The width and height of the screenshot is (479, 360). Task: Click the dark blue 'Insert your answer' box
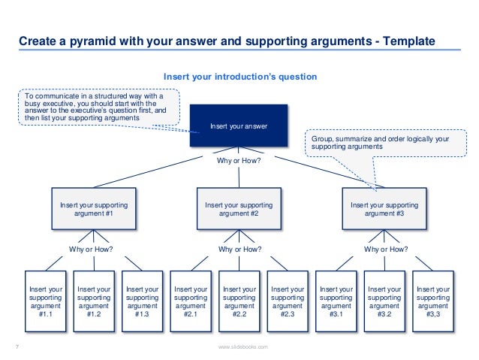pyautogui.click(x=239, y=126)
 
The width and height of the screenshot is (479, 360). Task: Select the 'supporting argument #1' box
pyautogui.click(x=94, y=208)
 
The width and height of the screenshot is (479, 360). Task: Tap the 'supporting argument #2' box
pyautogui.click(x=239, y=208)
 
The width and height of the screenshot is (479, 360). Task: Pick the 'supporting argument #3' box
pyautogui.click(x=384, y=208)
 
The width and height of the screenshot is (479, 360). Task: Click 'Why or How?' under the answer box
pyautogui.click(x=239, y=160)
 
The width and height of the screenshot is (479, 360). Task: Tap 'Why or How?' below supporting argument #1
pyautogui.click(x=94, y=249)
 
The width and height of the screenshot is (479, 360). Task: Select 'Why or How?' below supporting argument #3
pyautogui.click(x=385, y=249)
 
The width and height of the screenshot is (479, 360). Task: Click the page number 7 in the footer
pyautogui.click(x=17, y=346)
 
